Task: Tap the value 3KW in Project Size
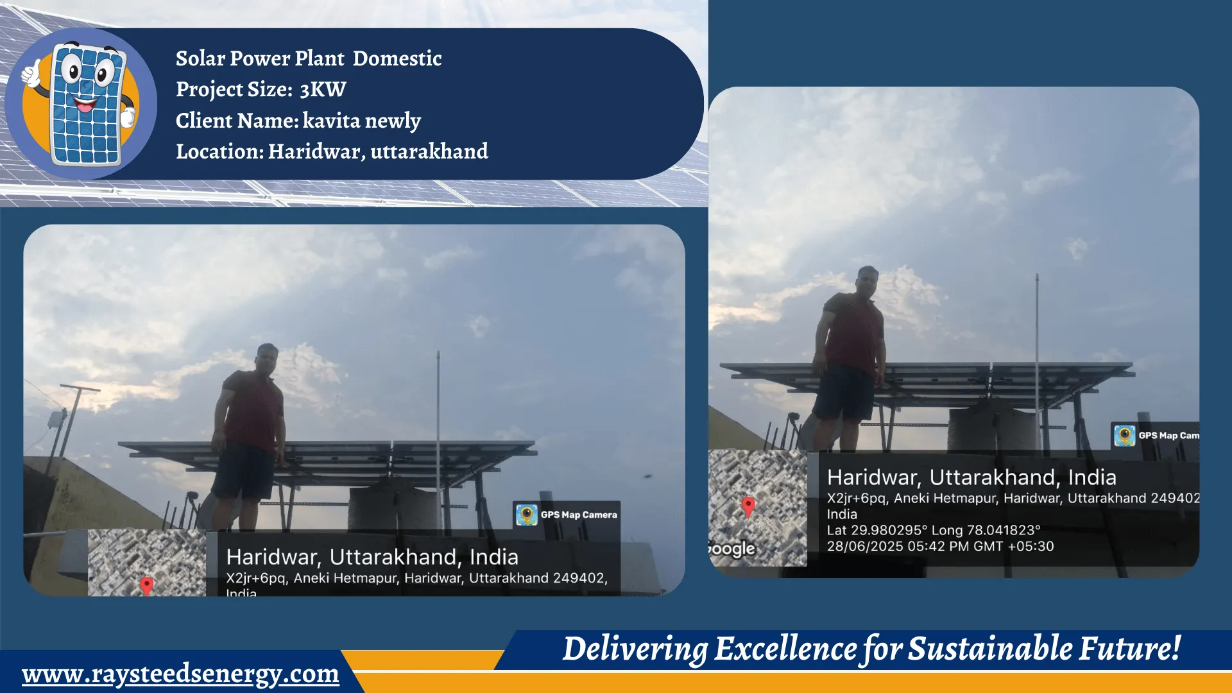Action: (323, 89)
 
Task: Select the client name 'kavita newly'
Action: (361, 121)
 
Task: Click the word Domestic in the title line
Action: (397, 58)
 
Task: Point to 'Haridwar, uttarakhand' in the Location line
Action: (378, 151)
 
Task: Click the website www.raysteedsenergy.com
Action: (180, 674)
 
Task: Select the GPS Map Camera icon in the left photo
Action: (527, 515)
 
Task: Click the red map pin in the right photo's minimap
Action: (748, 506)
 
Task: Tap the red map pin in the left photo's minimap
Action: (147, 585)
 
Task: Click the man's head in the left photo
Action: (267, 358)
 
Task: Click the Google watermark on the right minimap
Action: (732, 549)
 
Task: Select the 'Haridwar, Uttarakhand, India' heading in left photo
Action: (372, 557)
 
